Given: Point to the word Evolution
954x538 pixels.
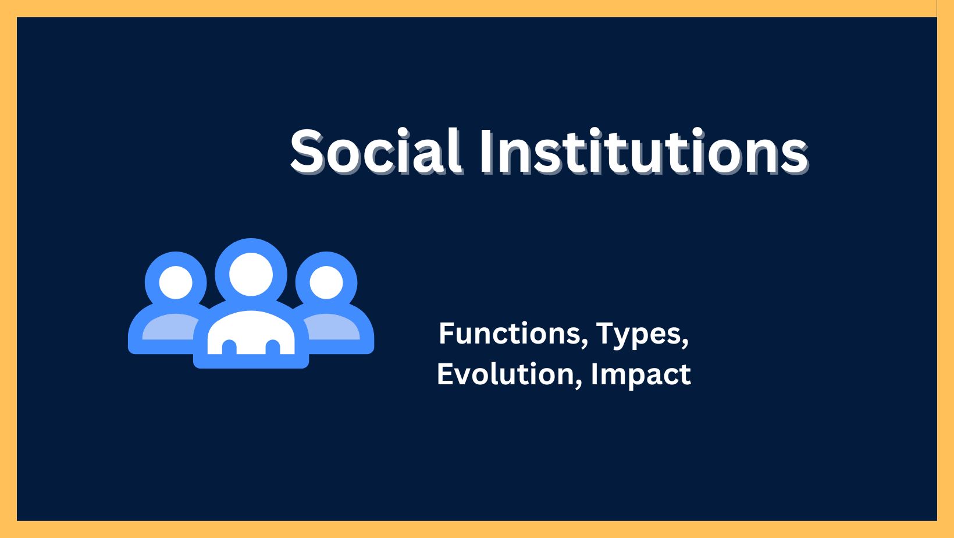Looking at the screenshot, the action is pos(506,374).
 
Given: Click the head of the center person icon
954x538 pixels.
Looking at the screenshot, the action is pos(251,274).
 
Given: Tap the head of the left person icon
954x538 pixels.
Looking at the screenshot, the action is pos(176,282).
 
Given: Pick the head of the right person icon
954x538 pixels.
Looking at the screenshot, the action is pos(326,282).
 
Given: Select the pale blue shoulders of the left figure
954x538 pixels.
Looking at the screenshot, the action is pos(169,327).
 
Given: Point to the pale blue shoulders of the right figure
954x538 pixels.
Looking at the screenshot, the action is pos(333,327).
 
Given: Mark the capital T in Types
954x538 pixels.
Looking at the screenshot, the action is pos(605,334).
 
